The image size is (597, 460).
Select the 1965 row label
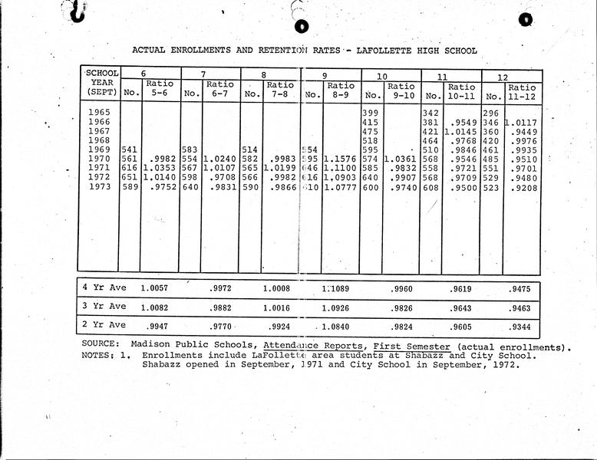tap(101, 113)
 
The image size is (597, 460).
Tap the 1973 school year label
tap(101, 187)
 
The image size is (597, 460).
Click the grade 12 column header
tap(503, 76)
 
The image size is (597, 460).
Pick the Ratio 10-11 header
tap(461, 92)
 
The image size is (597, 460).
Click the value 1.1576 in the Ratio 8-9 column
tap(340, 159)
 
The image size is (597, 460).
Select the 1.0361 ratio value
tap(400, 159)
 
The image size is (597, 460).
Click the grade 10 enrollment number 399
tap(371, 113)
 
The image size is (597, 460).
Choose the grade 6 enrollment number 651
tap(129, 178)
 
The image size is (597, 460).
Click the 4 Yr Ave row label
tap(104, 287)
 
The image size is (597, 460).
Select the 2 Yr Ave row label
tap(104, 325)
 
